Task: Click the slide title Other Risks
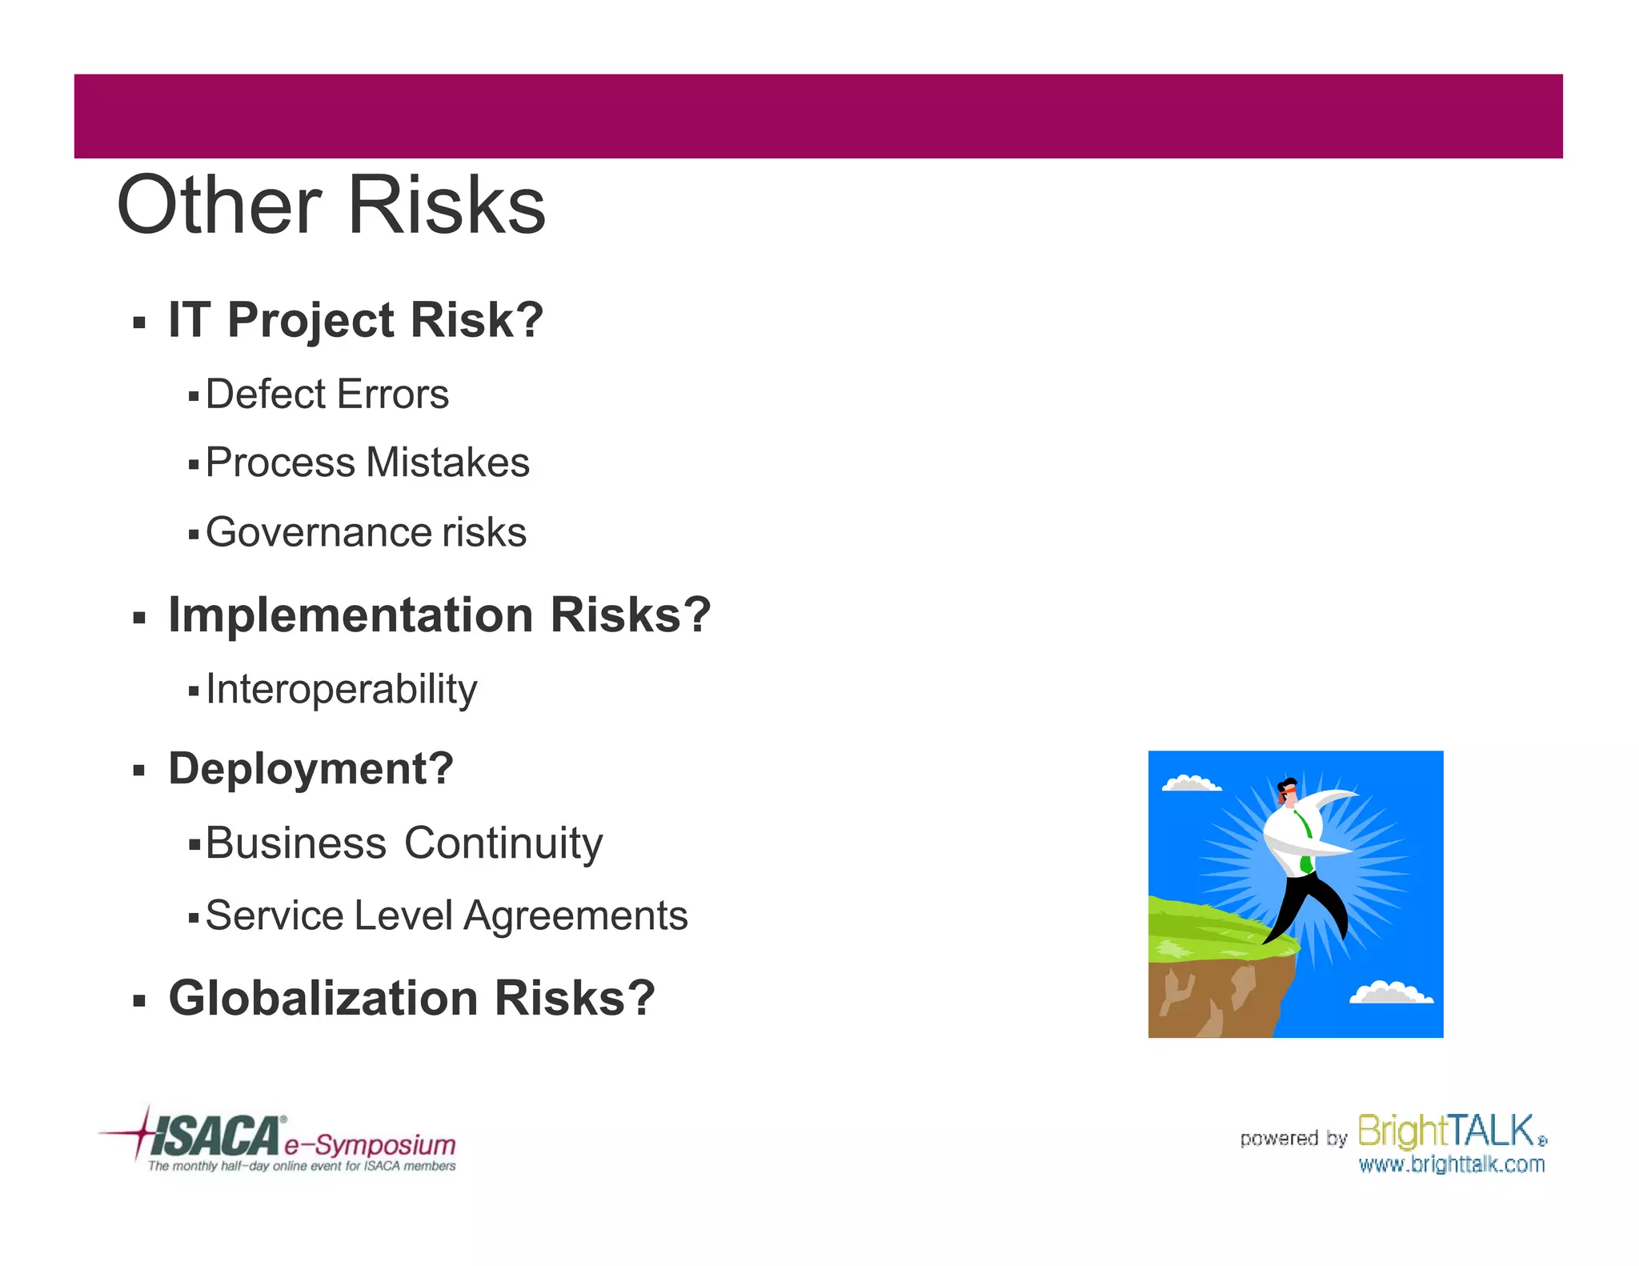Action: tap(331, 206)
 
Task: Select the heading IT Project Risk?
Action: tap(355, 320)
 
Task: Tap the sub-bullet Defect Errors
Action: tap(327, 395)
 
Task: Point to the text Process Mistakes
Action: tap(367, 463)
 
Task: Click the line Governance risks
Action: tap(366, 532)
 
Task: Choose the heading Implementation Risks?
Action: tap(439, 615)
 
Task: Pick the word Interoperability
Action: tap(341, 689)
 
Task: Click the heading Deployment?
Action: tap(311, 769)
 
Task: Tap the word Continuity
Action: tap(503, 843)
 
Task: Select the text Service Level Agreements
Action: tap(446, 915)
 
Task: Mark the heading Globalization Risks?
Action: tap(411, 999)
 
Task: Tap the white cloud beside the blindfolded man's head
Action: tap(1191, 783)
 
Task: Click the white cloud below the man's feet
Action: tap(1391, 993)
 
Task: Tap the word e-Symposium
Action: tap(370, 1144)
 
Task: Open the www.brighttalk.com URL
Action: tap(1451, 1164)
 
